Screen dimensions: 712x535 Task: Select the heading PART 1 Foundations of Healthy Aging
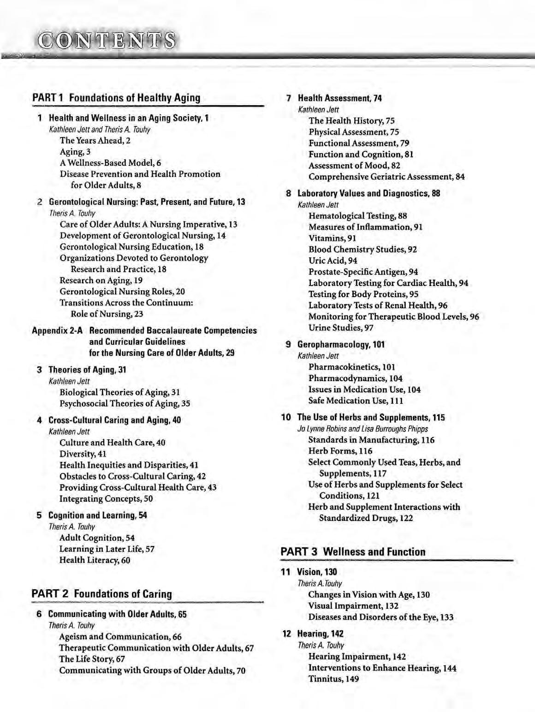pos(116,98)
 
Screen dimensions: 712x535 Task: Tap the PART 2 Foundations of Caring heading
pos(101,594)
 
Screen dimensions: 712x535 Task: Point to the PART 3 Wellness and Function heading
pos(353,552)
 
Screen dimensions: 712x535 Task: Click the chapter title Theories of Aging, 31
pos(87,370)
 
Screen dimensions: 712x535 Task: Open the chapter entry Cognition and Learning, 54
pos(97,515)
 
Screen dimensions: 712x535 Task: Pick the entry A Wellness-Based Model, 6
pos(110,163)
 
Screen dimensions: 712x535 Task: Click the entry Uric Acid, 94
pos(333,261)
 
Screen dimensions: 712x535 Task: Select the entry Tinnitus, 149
pos(333,679)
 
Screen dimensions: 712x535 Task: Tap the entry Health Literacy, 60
pos(95,560)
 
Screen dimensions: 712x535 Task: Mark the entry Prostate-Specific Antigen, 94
pos(363,272)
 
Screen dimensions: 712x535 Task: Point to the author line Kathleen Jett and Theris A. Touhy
pos(100,130)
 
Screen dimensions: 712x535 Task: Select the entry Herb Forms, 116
pos(340,451)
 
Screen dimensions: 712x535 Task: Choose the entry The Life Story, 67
pos(92,659)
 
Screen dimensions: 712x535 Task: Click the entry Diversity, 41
pos(83,454)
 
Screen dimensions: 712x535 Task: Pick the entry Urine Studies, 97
pos(341,328)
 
